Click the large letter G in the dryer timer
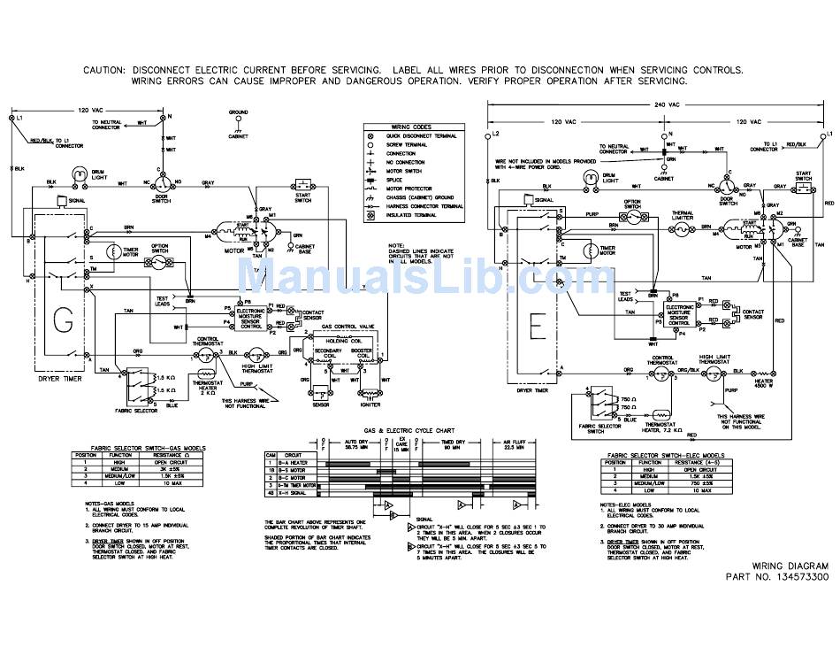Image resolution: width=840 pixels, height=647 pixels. click(62, 322)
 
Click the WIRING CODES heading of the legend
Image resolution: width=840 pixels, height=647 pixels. click(413, 127)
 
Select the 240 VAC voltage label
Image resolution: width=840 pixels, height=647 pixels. click(667, 104)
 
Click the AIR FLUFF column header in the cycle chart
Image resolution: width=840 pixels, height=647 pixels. click(515, 442)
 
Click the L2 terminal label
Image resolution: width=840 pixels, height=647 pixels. click(496, 133)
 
